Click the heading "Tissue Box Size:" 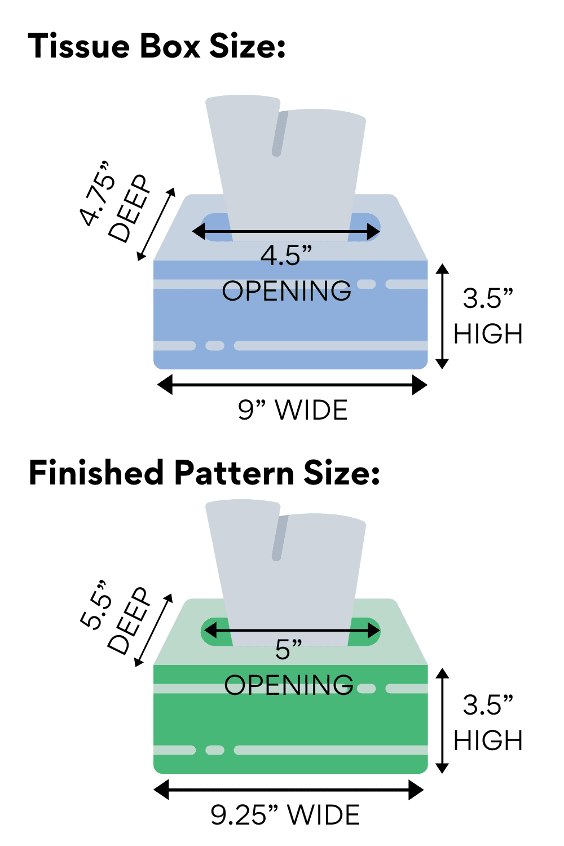coord(157,46)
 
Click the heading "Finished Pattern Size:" coord(204,473)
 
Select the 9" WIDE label coord(293,410)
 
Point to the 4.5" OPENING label coord(287,273)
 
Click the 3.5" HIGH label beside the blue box coord(488,316)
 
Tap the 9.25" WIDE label coord(285,815)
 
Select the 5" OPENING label coord(289,668)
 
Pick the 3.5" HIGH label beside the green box coord(488,722)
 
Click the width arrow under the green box coord(289,790)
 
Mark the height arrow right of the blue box coord(442,316)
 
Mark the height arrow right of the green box coord(442,720)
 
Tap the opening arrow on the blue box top coord(287,231)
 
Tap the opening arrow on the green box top coord(291,631)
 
